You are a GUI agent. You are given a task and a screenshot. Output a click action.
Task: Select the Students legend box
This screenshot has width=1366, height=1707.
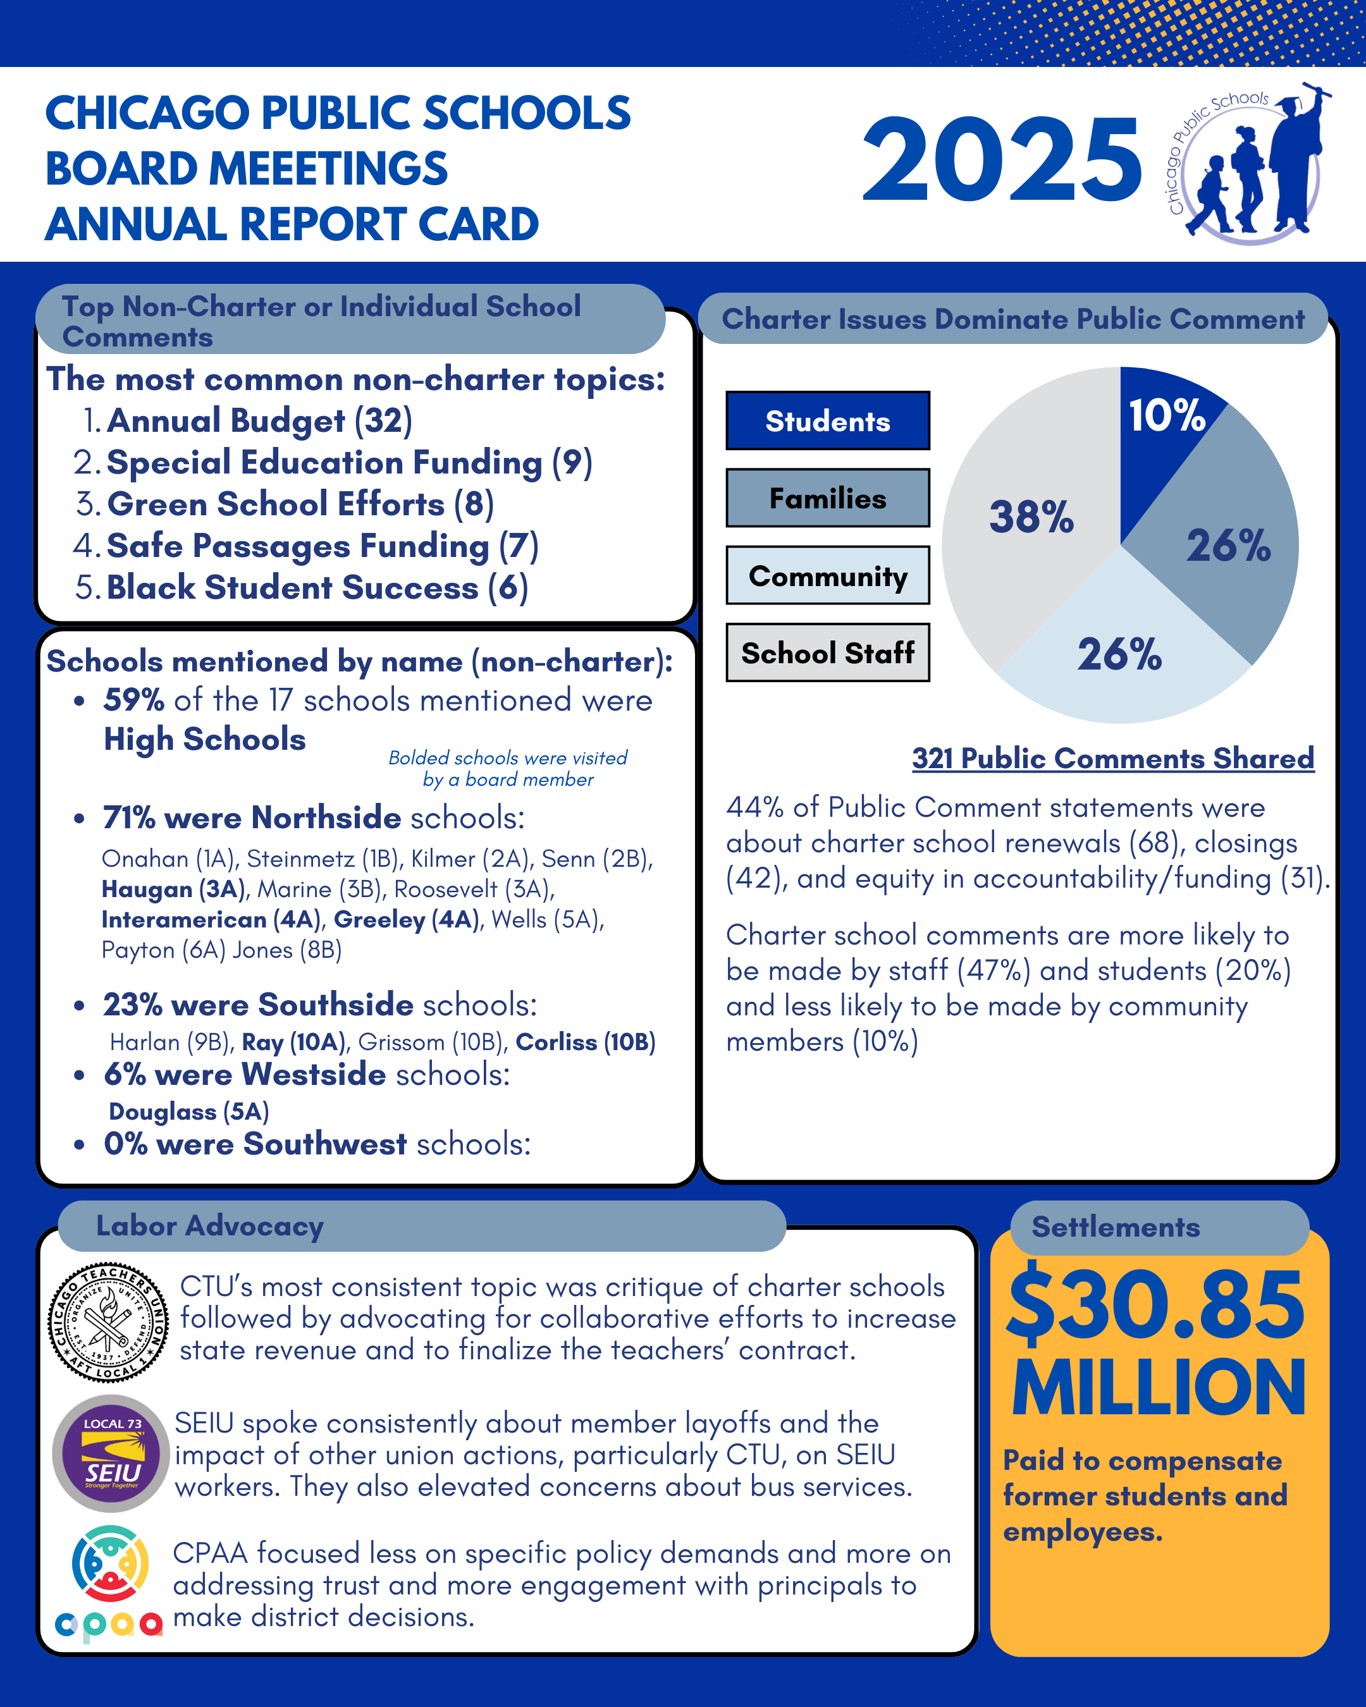(x=828, y=421)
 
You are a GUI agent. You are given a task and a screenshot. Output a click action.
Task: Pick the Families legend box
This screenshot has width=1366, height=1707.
(x=828, y=498)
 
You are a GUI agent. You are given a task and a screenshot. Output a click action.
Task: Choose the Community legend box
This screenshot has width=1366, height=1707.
(x=828, y=575)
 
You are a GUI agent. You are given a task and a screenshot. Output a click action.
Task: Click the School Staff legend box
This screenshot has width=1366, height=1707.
(x=828, y=653)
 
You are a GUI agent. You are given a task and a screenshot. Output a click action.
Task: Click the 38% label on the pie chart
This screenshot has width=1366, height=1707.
(x=1031, y=517)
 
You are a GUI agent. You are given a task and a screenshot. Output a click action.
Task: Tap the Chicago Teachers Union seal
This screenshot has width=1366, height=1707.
(x=109, y=1322)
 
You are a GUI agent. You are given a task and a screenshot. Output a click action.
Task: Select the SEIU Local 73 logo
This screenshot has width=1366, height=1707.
(x=111, y=1453)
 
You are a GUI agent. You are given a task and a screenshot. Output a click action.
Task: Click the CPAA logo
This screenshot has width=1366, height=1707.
(x=109, y=1584)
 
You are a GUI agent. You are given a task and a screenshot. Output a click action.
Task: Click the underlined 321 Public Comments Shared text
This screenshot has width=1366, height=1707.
(x=1112, y=759)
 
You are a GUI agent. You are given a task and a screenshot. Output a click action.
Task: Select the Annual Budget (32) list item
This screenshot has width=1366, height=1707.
(x=259, y=420)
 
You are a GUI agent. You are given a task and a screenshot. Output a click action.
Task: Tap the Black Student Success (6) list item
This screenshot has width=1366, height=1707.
(x=317, y=587)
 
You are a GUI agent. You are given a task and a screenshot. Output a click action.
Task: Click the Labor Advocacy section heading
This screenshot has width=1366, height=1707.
(x=210, y=1226)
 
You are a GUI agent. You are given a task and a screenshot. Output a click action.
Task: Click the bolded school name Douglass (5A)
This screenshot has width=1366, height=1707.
(x=188, y=1111)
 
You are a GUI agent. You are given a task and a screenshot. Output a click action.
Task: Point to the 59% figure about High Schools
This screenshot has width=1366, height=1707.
(x=133, y=700)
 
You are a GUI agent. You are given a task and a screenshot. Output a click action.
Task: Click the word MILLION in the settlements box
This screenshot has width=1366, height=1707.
(x=1158, y=1389)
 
